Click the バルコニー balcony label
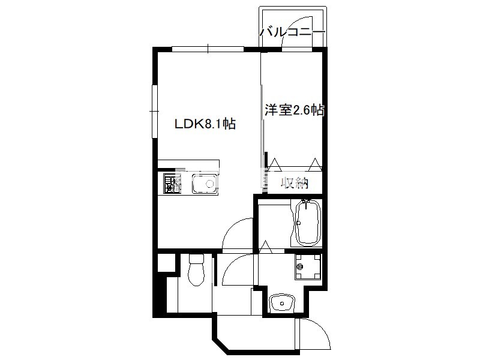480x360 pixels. (292, 32)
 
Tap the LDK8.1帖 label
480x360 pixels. (205, 124)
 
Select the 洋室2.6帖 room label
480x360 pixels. (295, 110)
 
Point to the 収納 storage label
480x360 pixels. (295, 183)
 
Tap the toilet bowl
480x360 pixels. (196, 270)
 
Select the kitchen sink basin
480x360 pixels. (205, 184)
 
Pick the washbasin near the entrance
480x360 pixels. (281, 303)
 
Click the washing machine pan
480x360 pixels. (308, 267)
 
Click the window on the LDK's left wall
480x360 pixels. (155, 112)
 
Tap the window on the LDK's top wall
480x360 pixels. (208, 49)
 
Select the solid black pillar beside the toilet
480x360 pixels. (159, 295)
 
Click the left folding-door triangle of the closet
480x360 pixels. (275, 164)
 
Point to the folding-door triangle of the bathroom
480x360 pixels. (266, 247)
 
